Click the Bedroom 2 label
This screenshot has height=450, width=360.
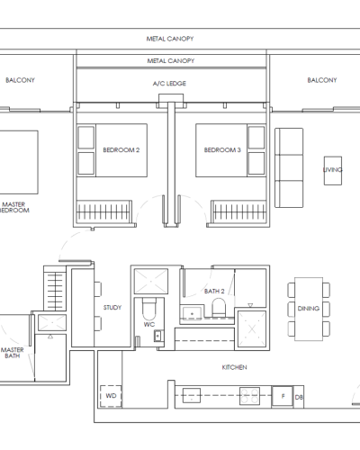click(x=121, y=150)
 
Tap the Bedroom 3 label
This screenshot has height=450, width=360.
click(x=222, y=150)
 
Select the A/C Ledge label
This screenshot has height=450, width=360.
click(x=169, y=84)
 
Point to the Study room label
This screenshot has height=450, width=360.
click(x=112, y=308)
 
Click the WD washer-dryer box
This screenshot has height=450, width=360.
click(x=111, y=396)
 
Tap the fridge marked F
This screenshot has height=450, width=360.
click(x=283, y=397)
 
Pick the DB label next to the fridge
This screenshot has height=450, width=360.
click(x=299, y=397)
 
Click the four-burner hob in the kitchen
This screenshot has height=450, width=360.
click(x=249, y=396)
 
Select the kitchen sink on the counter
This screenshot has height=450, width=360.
click(x=192, y=395)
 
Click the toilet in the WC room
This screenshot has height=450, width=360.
click(x=149, y=309)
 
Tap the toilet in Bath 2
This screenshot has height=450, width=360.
click(x=219, y=307)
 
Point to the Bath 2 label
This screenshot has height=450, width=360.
click(x=214, y=292)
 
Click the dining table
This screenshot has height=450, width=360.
click(x=309, y=309)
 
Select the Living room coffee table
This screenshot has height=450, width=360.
click(x=333, y=170)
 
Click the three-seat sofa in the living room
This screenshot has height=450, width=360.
click(x=289, y=167)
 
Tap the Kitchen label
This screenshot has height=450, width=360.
click(x=235, y=367)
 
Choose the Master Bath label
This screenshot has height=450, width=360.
click(x=13, y=353)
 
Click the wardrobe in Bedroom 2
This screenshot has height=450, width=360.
click(x=104, y=211)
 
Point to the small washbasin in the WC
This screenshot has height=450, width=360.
click(x=158, y=336)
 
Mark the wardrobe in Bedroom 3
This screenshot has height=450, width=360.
click(x=238, y=211)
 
